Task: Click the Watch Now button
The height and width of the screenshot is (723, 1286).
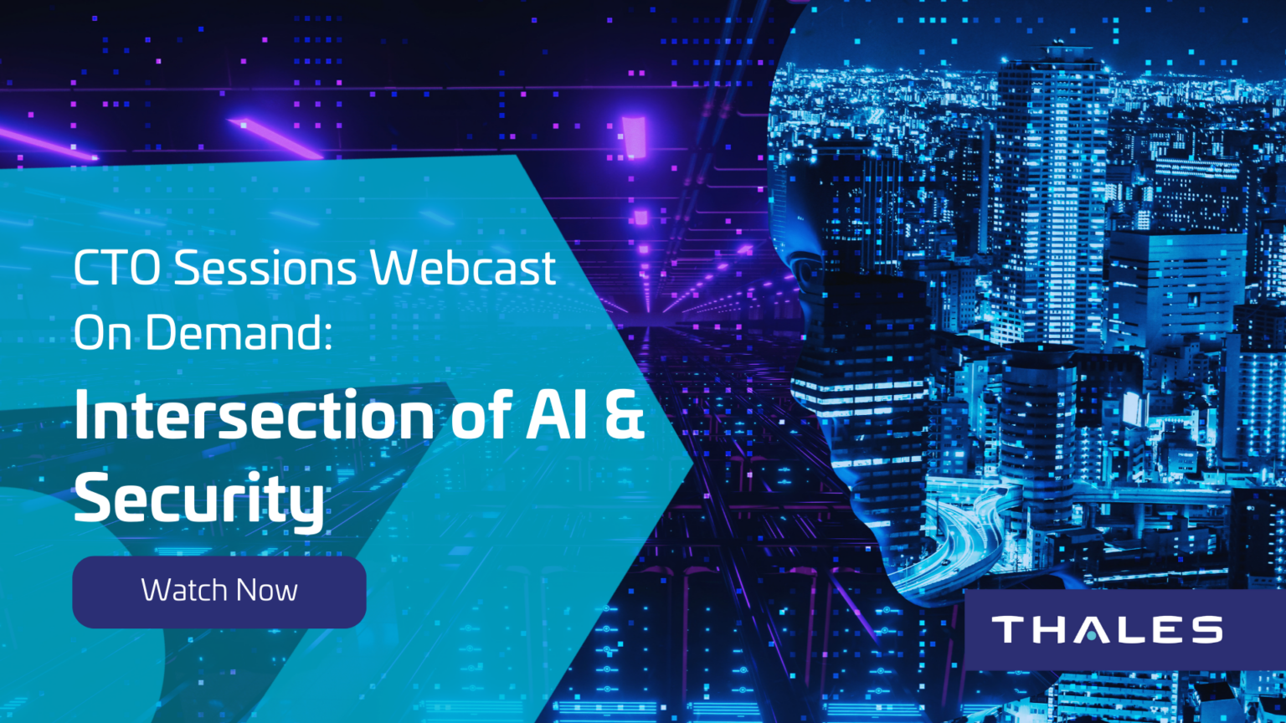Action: pos(219,592)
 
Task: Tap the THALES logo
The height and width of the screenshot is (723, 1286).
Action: pos(1108,629)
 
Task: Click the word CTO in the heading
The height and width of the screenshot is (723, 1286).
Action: pos(116,268)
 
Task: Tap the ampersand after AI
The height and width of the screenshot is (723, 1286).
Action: pos(624,413)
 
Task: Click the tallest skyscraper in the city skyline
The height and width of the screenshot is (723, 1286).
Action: pos(1052,189)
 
